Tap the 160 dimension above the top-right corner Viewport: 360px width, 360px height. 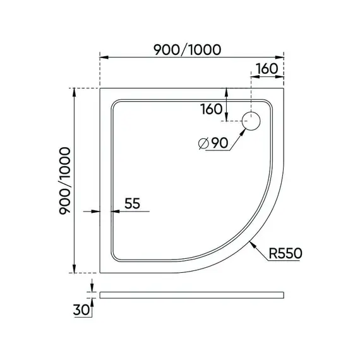tap(268, 69)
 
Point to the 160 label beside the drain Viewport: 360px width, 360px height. tap(211, 109)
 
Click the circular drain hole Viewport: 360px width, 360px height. tap(252, 121)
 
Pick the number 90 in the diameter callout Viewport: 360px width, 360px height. tap(219, 144)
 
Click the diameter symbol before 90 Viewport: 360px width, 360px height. tap(203, 145)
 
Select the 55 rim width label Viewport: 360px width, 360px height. tap(132, 203)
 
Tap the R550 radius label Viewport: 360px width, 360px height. tap(285, 253)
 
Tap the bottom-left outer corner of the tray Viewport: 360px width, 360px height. tap(100, 272)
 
